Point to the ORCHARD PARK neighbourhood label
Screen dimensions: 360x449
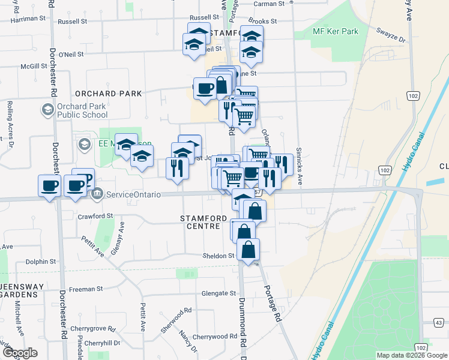[x=109, y=94]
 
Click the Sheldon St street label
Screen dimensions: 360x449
[x=218, y=256]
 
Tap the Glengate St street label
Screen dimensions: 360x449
[x=219, y=293]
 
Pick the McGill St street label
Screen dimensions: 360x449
[x=34, y=67]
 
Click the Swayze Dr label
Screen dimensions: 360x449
[x=391, y=35]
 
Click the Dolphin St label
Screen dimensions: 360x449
[x=40, y=262]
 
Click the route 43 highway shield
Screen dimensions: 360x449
[x=439, y=323]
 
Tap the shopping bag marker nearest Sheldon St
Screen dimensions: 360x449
[x=248, y=250]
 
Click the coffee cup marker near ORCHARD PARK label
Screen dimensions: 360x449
[x=205, y=88]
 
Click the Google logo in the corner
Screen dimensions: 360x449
[x=20, y=352]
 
